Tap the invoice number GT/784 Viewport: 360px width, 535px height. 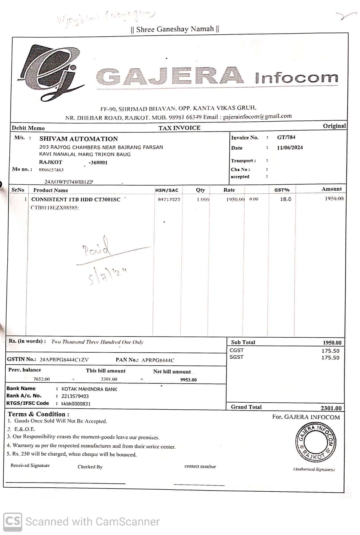coord(286,138)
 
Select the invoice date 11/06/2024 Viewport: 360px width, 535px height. coord(290,147)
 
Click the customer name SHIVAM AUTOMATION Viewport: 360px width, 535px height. coord(79,139)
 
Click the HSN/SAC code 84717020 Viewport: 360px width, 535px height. coord(169,200)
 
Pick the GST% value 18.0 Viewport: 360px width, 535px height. coord(285,199)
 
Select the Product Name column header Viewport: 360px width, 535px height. coord(50,190)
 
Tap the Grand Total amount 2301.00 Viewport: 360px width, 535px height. coord(331,408)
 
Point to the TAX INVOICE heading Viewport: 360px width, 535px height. coord(179,128)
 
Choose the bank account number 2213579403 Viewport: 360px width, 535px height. coord(75,396)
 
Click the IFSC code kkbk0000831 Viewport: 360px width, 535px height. coord(76,404)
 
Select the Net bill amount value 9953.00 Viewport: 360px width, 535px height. coord(188,380)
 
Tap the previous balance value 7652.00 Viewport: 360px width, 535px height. coord(41,379)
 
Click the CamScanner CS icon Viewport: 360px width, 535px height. coord(13,521)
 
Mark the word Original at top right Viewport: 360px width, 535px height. coord(334,126)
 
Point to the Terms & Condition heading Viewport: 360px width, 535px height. coord(38,414)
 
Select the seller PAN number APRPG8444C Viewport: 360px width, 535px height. coord(158,360)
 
